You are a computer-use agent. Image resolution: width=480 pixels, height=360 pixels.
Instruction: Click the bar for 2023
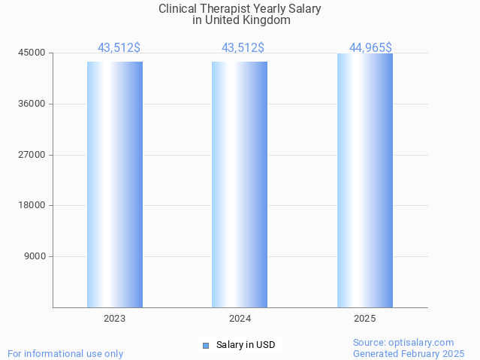click(115, 184)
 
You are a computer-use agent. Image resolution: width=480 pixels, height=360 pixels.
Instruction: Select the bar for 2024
click(240, 184)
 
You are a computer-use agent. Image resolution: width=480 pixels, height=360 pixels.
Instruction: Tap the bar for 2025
click(365, 180)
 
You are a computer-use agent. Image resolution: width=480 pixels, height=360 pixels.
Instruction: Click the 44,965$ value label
click(370, 48)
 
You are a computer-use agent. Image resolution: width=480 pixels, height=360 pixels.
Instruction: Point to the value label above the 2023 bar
click(119, 48)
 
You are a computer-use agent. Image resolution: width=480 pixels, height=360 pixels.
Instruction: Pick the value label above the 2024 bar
click(243, 48)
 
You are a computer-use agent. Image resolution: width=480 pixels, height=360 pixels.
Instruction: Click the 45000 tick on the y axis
click(32, 53)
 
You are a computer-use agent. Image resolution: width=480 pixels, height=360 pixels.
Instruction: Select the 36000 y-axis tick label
click(32, 104)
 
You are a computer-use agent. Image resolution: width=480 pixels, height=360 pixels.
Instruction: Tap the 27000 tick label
click(32, 155)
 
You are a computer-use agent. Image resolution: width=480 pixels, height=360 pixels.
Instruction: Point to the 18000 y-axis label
click(32, 205)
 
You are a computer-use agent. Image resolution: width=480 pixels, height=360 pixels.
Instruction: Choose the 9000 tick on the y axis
click(34, 256)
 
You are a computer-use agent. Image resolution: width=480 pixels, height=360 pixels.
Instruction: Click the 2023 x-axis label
click(115, 319)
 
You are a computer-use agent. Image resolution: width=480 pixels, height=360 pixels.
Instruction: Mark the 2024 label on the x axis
click(240, 319)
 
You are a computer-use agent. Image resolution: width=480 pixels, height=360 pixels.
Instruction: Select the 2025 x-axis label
click(365, 319)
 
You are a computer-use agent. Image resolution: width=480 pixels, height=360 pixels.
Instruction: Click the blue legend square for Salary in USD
click(206, 346)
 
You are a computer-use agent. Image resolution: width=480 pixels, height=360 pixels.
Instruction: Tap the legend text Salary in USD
click(246, 346)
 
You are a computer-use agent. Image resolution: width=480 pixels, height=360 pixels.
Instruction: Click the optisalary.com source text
click(403, 343)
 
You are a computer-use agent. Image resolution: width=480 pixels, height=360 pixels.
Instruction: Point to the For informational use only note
click(65, 353)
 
